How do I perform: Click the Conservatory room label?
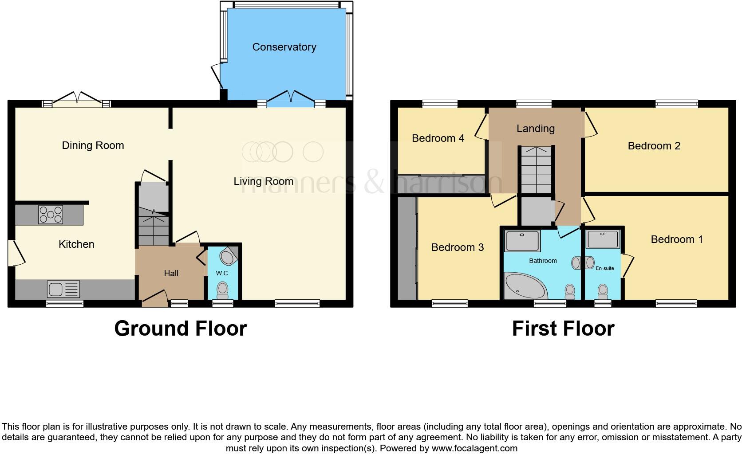[x=284, y=47]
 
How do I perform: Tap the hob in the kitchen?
[x=51, y=215]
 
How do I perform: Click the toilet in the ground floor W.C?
[x=222, y=290]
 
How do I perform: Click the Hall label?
[x=171, y=274]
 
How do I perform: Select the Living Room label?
[x=263, y=181]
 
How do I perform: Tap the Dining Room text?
[x=93, y=145]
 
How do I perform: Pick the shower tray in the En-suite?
[x=603, y=239]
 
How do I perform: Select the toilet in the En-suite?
[x=603, y=291]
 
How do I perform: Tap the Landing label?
[x=536, y=129]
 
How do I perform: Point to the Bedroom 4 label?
[x=438, y=138]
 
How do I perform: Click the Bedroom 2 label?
[x=654, y=146]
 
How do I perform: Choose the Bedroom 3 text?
[x=457, y=247]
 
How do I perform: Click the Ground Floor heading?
[x=180, y=329]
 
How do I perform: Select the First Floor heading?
[x=563, y=329]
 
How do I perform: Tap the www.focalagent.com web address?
[x=474, y=448]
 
